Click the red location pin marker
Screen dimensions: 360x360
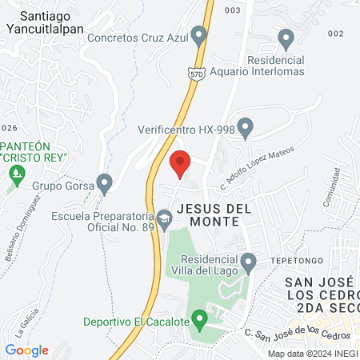point(180,163)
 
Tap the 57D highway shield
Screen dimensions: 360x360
point(198,73)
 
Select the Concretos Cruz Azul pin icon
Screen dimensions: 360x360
point(199,35)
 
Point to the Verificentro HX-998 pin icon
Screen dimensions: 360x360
point(246,126)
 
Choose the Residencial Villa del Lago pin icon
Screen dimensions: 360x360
point(249,261)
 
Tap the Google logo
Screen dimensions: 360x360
point(26,350)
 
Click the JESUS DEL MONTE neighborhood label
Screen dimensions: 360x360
point(214,214)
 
